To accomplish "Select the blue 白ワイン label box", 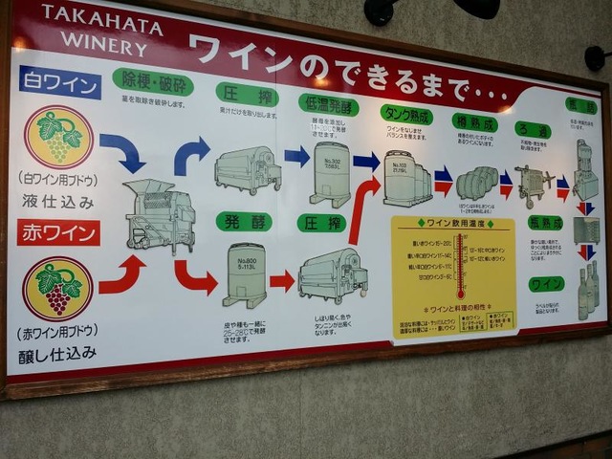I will coord(59,83).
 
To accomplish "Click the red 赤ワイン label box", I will coord(57,232).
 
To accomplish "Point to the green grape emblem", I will coord(58,137).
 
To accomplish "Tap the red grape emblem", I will coord(57,288).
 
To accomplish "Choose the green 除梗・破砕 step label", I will coord(152,82).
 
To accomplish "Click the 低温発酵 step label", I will coord(328,103).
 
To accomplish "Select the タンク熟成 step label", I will coord(405,115).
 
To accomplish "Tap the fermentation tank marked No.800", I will coord(244,275).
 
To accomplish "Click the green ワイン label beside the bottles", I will coord(546,284).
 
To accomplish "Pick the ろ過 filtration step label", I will coord(532,130).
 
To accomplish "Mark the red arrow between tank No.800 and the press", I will coord(282,280).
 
